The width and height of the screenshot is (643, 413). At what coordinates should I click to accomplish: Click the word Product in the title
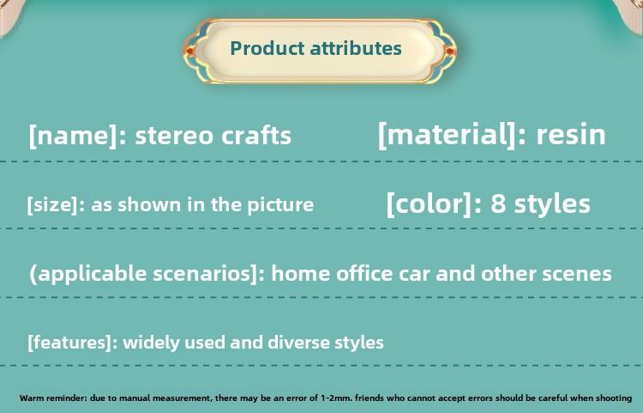click(x=267, y=48)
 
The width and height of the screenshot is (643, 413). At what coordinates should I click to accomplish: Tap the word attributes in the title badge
click(x=356, y=48)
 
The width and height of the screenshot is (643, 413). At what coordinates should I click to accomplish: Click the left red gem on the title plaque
click(x=189, y=52)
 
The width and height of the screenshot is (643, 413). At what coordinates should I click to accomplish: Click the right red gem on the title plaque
click(x=449, y=52)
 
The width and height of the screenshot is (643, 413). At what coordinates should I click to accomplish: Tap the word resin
click(x=571, y=135)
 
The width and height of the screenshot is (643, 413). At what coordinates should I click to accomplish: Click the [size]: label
click(x=57, y=204)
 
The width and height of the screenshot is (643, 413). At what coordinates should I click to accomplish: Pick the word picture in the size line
click(x=280, y=205)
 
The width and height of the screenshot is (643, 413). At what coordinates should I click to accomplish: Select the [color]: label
click(x=435, y=203)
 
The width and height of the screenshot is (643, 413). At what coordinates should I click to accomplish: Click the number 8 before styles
click(x=498, y=203)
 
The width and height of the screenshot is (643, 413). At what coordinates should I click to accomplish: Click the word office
click(x=364, y=273)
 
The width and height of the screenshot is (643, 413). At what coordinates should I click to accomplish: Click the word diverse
click(x=298, y=343)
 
